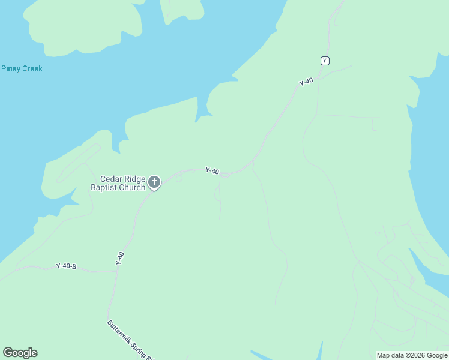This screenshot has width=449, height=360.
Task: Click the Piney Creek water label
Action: [x=22, y=68]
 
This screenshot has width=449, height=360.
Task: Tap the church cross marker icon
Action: [x=154, y=182]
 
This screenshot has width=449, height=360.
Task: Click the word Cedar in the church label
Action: [x=111, y=179]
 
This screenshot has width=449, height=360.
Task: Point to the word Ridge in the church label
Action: [x=135, y=179]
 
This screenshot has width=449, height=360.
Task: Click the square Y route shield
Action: [x=325, y=61]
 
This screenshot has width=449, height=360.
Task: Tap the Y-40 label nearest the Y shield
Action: [x=306, y=82]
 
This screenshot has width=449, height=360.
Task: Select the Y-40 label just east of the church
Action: [x=212, y=171]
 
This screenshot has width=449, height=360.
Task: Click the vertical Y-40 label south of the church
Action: [x=120, y=259]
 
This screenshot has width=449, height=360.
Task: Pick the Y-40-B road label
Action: [x=66, y=266]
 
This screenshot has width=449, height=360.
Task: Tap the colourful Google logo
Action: [x=20, y=353]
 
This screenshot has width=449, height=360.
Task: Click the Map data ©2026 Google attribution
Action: [x=412, y=355]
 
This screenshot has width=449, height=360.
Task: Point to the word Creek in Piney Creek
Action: [x=32, y=68]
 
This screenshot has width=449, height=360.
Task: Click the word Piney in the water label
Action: [x=11, y=68]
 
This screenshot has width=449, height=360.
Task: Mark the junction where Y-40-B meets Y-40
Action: [x=117, y=271]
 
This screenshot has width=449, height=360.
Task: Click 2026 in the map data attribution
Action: [x=417, y=355]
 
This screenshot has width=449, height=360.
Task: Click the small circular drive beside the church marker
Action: [x=178, y=178]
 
